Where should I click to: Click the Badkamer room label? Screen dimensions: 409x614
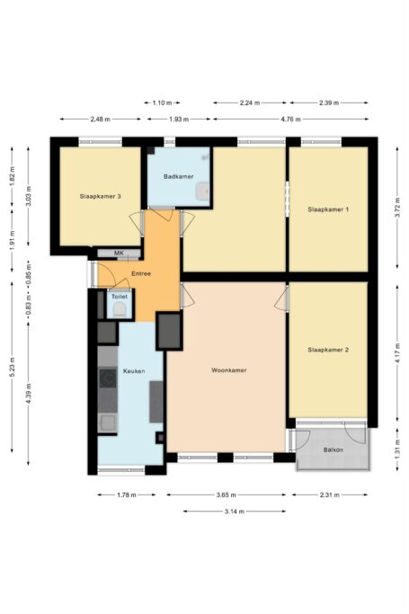(179, 176)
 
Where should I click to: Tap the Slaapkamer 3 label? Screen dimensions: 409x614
(100, 196)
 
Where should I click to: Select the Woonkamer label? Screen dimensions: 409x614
(229, 370)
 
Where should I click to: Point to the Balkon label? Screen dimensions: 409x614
(333, 449)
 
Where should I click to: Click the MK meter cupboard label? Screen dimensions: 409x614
(119, 254)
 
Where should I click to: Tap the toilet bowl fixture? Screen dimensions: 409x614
(120, 310)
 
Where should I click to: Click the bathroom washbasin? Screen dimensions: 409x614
(203, 191)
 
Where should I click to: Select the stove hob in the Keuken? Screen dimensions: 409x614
(108, 378)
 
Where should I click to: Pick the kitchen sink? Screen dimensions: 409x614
(107, 423)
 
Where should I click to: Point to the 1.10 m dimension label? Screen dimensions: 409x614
(162, 103)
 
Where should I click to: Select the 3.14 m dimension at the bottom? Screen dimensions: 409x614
(235, 511)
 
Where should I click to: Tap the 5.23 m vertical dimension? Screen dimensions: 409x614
(12, 368)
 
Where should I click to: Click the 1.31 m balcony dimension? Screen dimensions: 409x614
(397, 449)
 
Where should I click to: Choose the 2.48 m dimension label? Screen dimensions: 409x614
(100, 119)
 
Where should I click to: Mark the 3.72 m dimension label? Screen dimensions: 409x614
(397, 209)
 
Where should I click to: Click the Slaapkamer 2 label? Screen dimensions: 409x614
(328, 350)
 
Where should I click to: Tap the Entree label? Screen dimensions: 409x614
(141, 273)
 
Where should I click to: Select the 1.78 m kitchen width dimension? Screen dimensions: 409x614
(127, 495)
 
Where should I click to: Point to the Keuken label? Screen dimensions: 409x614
(134, 371)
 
